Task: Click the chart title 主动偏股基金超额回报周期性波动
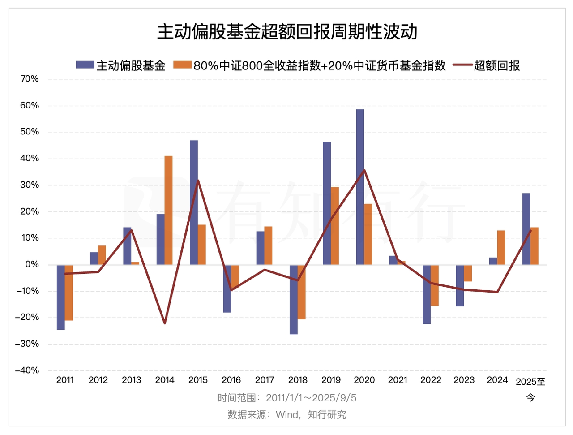(x=287, y=32)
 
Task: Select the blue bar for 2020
(x=360, y=187)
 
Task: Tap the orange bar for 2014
(x=168, y=210)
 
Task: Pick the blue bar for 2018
(x=294, y=299)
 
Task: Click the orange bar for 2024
(x=501, y=247)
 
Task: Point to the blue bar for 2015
(x=194, y=202)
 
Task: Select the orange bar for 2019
(x=335, y=226)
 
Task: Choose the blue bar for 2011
(x=60, y=297)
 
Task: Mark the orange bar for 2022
(x=435, y=285)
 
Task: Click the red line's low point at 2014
(x=165, y=323)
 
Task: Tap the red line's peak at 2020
(x=364, y=170)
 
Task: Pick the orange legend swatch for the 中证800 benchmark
(x=182, y=65)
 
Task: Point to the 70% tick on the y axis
(x=30, y=79)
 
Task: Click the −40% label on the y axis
(x=28, y=370)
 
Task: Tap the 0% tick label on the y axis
(x=32, y=264)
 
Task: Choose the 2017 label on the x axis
(x=265, y=380)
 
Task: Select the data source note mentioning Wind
(x=287, y=415)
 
